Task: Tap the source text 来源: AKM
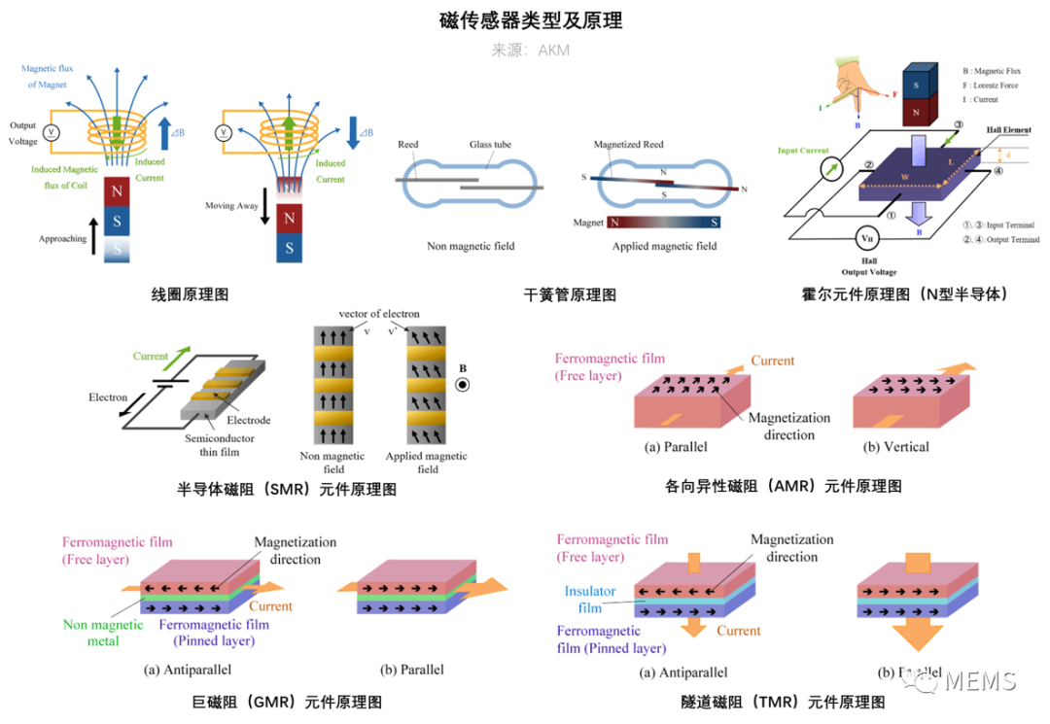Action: [x=530, y=50]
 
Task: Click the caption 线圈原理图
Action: [x=190, y=293]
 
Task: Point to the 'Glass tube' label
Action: [x=489, y=145]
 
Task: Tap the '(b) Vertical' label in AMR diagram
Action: [x=895, y=447]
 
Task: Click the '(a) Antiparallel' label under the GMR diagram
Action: [x=188, y=670]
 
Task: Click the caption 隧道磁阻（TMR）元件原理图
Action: [x=783, y=702]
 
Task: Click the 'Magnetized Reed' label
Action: [x=628, y=145]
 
